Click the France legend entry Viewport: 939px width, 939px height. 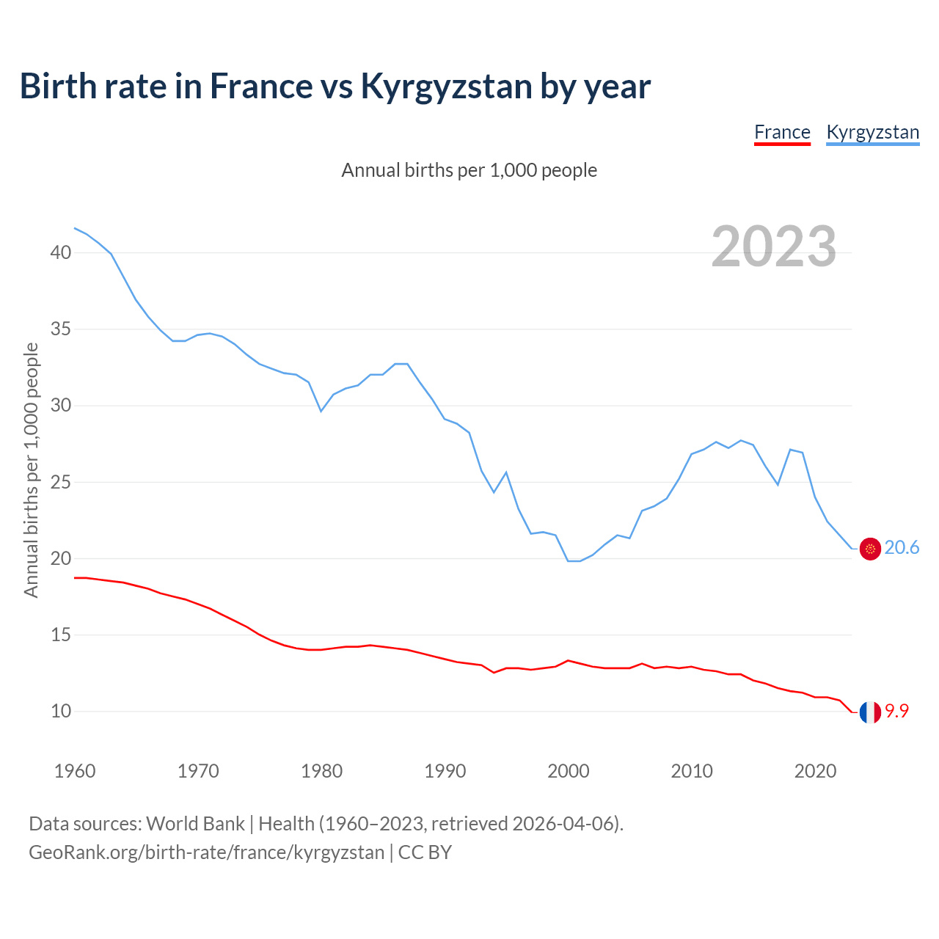[782, 132]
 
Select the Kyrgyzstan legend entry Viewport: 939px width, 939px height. [872, 132]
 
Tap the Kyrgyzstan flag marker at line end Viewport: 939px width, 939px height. [870, 549]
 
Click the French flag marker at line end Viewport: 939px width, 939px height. [870, 712]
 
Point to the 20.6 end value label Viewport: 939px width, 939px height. [902, 548]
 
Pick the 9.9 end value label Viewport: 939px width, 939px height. [896, 711]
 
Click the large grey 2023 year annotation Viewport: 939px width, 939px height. [774, 246]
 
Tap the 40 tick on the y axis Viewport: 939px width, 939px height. [61, 253]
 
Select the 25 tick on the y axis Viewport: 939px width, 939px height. [61, 483]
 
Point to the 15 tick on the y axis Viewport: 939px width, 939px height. [61, 635]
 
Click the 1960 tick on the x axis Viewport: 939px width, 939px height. [75, 771]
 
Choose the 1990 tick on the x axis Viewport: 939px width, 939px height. [445, 771]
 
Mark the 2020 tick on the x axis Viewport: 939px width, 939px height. [815, 771]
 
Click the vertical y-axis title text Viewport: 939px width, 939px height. [32, 469]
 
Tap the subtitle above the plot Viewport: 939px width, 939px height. [469, 170]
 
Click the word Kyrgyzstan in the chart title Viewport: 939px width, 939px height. [446, 86]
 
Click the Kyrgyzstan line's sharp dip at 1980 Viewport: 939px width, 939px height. [321, 410]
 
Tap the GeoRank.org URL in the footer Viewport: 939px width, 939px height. [206, 852]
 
